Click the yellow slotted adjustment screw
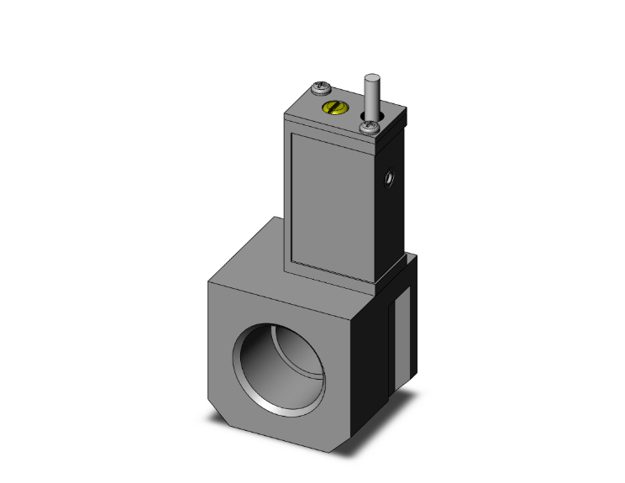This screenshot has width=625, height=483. pyautogui.click(x=334, y=108)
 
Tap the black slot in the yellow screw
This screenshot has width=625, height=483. pyautogui.click(x=334, y=108)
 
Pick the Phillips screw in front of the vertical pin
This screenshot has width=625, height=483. pyautogui.click(x=369, y=127)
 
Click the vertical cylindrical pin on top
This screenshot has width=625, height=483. pyautogui.click(x=370, y=92)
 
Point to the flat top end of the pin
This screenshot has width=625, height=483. pyautogui.click(x=370, y=77)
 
